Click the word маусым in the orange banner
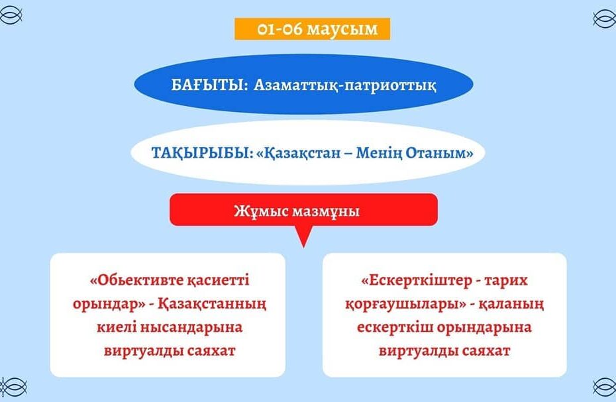(342, 29)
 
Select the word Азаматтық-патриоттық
(344, 85)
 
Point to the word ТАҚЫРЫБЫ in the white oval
(201, 153)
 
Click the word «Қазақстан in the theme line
(298, 153)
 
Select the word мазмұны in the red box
(326, 212)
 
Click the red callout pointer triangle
(303, 236)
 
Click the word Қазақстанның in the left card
(212, 304)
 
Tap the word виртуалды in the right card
(417, 350)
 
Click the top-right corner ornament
(604, 18)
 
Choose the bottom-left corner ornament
(13, 387)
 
